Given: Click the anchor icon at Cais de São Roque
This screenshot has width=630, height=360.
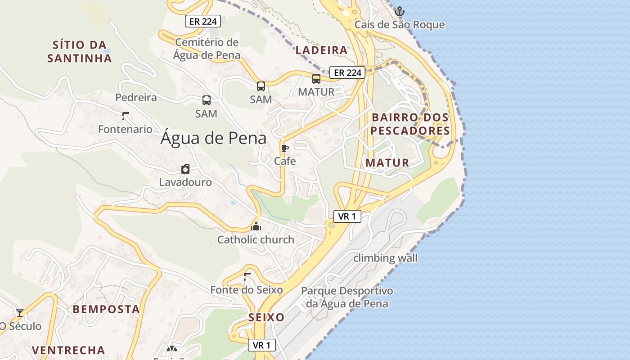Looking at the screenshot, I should (x=399, y=11).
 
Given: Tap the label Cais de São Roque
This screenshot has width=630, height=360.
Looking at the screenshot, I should (x=400, y=25).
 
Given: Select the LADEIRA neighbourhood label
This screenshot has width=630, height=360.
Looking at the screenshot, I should (x=322, y=50).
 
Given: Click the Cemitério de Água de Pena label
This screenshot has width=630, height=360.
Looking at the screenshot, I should (x=207, y=49).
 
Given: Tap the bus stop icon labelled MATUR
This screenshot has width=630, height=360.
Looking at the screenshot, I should (x=316, y=79).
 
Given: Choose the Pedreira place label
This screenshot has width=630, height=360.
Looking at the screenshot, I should (x=136, y=98).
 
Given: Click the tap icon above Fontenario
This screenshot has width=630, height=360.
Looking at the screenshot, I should (x=125, y=116).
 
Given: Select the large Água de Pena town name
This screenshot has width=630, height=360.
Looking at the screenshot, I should (x=213, y=138).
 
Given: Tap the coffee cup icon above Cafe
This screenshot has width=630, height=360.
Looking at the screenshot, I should (x=285, y=148).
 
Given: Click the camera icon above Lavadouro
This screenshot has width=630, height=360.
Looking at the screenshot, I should (x=185, y=169).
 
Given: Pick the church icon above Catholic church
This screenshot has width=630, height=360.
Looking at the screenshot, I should (x=256, y=226).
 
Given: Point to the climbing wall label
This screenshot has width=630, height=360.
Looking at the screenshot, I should (x=385, y=258).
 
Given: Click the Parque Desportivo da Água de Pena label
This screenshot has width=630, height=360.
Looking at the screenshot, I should (x=347, y=297).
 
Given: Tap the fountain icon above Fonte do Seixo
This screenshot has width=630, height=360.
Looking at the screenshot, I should (x=246, y=277).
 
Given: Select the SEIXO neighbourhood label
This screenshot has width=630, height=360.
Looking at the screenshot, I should (x=267, y=317).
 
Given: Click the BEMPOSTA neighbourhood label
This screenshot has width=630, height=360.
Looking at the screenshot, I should (x=106, y=309).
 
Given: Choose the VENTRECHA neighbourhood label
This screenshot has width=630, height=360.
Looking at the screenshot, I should (x=68, y=350).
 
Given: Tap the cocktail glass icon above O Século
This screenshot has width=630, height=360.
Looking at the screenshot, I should (x=20, y=312).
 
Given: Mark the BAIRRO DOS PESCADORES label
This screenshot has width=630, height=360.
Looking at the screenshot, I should (x=410, y=124).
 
